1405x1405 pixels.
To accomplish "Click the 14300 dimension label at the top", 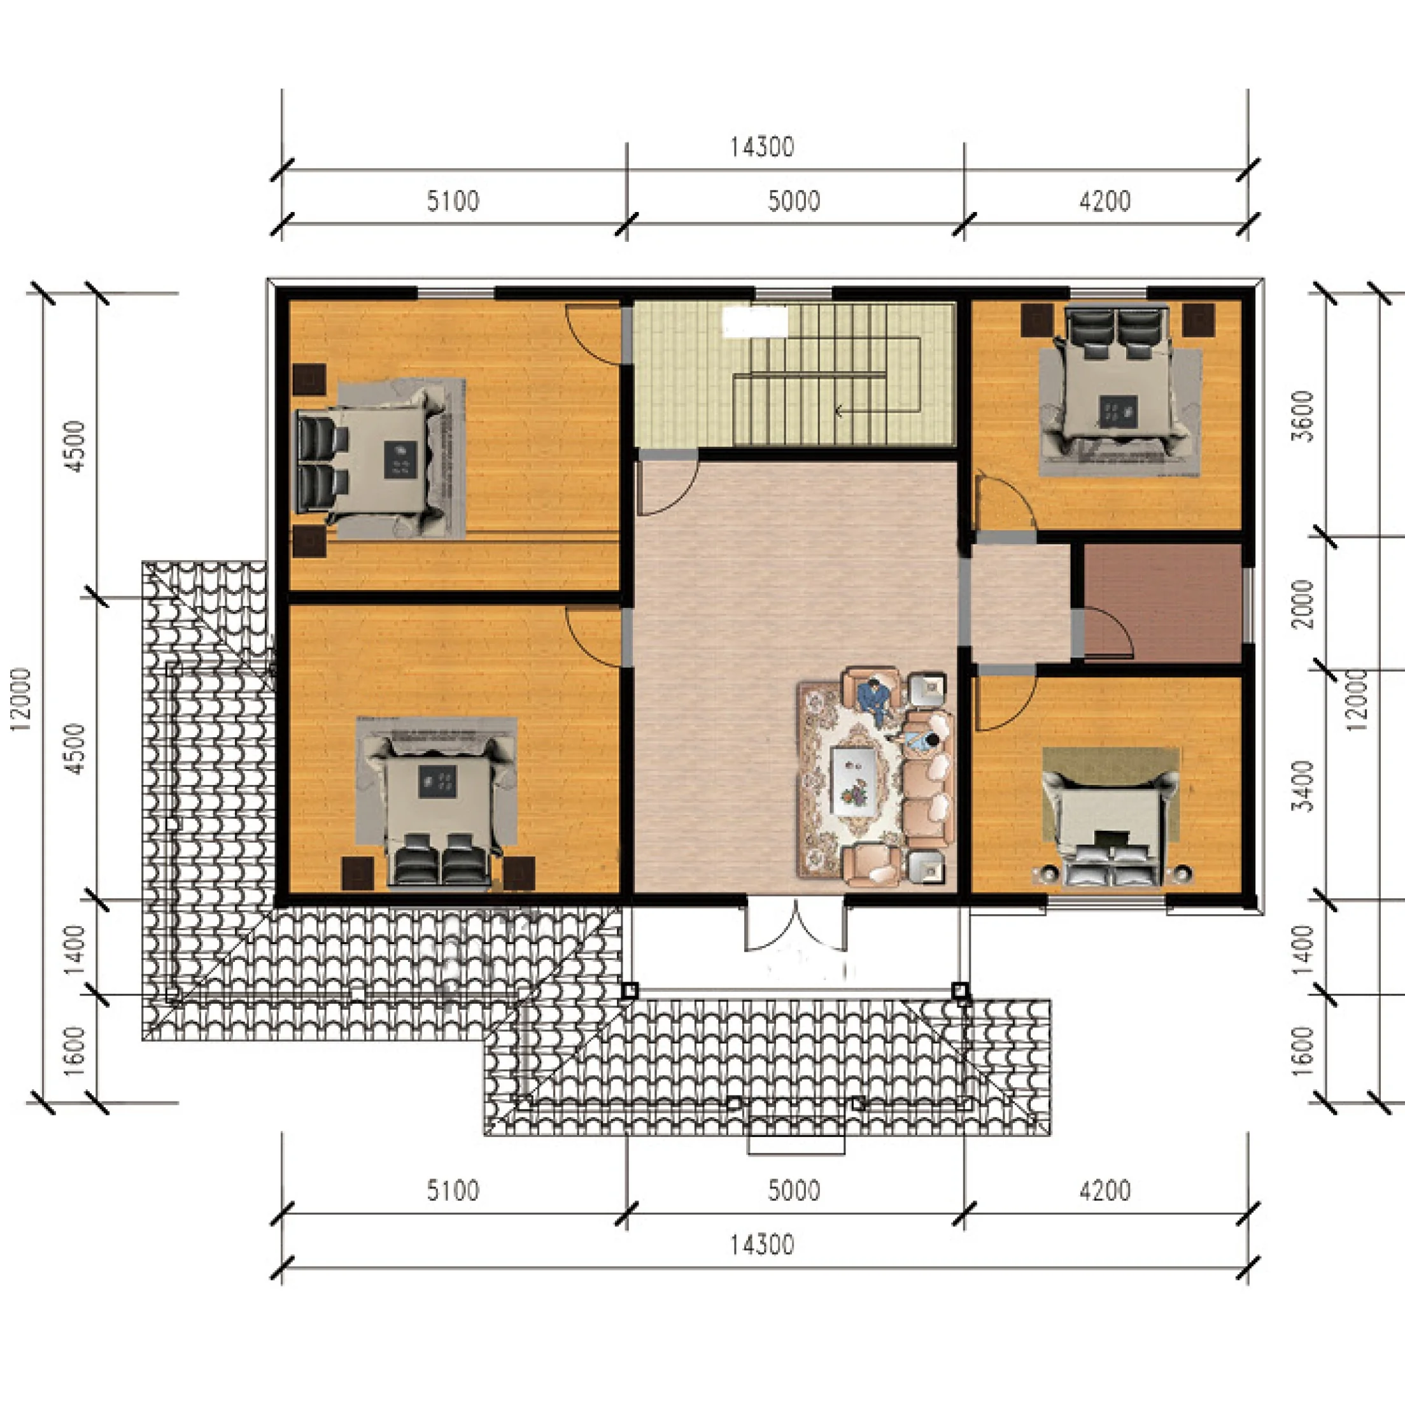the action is coord(761,148).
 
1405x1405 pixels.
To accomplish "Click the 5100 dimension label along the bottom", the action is coord(453,1191).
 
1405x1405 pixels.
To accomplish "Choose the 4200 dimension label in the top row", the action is coord(1105,201).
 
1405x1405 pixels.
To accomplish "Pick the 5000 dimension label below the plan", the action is coord(794,1191).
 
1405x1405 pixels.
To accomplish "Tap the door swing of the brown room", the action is coord(1105,633).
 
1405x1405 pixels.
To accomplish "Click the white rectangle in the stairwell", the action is coord(755,322).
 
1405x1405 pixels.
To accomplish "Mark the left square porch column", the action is coord(630,991).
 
